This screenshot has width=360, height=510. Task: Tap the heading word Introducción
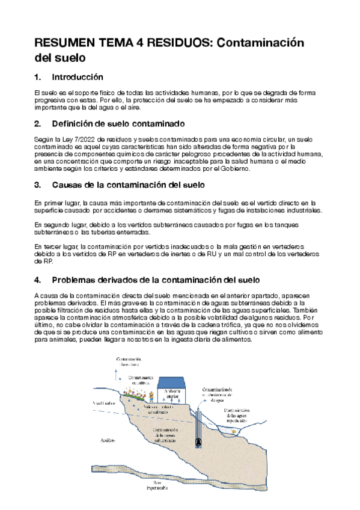pyautogui.click(x=78, y=78)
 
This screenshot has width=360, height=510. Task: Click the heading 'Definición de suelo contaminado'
pyautogui.click(x=118, y=124)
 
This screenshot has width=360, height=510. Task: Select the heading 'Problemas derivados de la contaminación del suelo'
pyautogui.click(x=156, y=280)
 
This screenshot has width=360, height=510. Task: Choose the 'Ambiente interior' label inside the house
pyautogui.click(x=172, y=393)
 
